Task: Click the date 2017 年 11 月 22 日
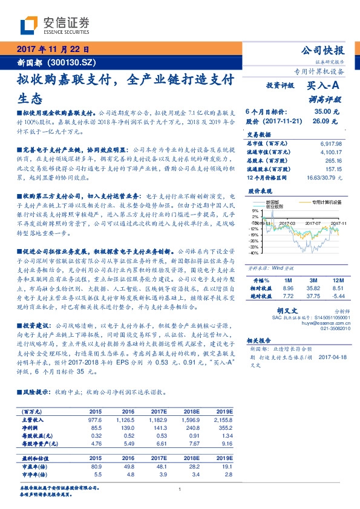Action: click(53, 49)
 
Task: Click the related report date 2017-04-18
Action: click(330, 357)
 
